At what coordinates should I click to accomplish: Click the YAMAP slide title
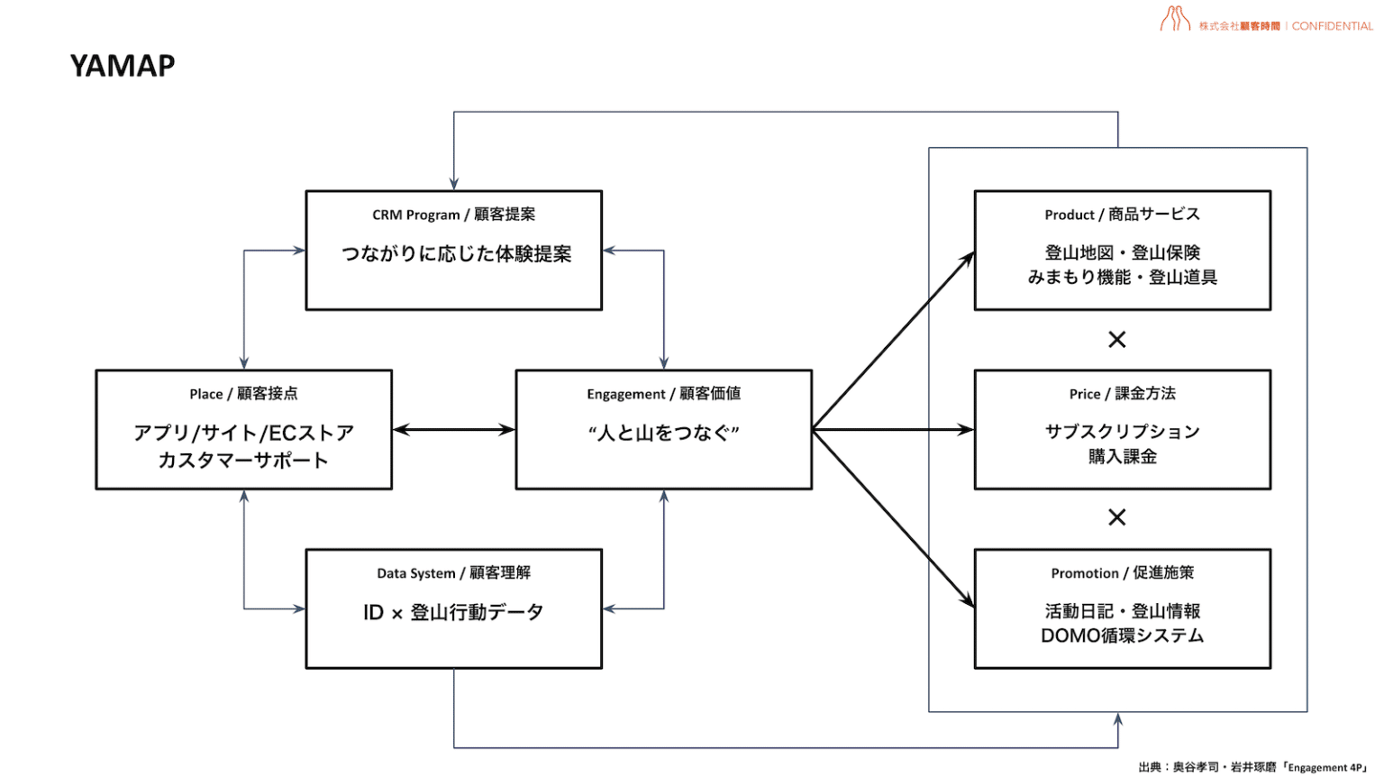click(123, 66)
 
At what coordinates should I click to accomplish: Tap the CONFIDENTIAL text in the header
click(1332, 26)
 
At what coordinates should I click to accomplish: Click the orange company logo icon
click(1175, 19)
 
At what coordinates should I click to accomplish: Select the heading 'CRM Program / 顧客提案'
click(453, 215)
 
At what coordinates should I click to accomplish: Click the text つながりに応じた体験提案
click(456, 254)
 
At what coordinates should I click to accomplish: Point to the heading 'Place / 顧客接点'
click(243, 394)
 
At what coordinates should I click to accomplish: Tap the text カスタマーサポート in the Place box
click(243, 461)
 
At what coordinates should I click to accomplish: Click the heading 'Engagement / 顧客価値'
click(663, 394)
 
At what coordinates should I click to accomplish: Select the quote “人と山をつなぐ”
click(663, 434)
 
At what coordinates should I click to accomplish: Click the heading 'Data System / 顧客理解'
click(453, 573)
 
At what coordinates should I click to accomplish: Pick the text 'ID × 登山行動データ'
click(453, 613)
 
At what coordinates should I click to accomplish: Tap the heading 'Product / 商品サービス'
click(1122, 215)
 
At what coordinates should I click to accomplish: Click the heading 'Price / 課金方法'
click(1122, 394)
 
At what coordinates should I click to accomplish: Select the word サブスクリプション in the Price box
click(1122, 432)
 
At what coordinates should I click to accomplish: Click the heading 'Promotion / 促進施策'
click(1122, 573)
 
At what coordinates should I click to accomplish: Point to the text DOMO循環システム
click(1122, 636)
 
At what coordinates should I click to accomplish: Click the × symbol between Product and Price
click(1116, 340)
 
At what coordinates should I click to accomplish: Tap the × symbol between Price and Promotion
click(1116, 517)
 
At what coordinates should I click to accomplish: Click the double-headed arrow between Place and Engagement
click(453, 430)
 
